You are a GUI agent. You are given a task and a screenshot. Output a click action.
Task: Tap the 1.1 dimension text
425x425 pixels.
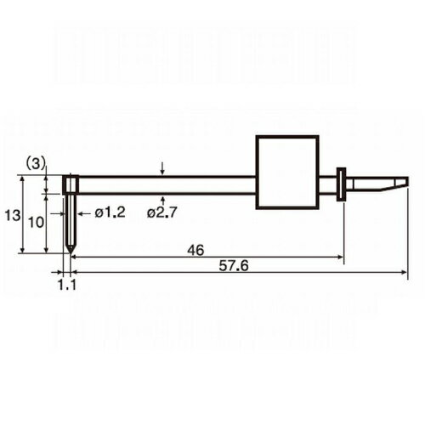(68, 286)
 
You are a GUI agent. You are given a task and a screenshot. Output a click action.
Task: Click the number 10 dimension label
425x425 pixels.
(35, 222)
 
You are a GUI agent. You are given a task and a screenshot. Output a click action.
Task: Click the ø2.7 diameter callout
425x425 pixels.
(162, 212)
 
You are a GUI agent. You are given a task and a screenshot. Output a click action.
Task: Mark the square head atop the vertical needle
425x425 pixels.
(72, 184)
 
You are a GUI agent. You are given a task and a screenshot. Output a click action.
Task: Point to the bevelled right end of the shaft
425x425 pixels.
(399, 184)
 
